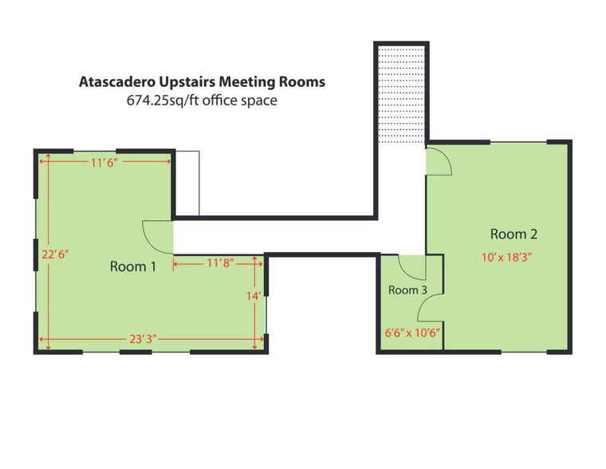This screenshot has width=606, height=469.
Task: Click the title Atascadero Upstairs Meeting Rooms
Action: pos(202,82)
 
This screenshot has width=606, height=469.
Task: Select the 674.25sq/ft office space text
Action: pos(202,101)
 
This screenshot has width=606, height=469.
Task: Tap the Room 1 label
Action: pos(132,266)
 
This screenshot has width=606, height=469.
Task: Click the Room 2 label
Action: pos(514,234)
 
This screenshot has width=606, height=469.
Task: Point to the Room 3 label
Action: pos(407,290)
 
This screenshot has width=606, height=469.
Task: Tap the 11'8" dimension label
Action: pos(218,263)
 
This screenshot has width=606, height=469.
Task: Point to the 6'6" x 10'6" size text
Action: pos(412,332)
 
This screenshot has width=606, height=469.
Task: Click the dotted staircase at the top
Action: pos(400,93)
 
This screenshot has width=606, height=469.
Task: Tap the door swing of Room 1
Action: pos(158,235)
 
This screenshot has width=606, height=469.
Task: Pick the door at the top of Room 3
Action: pos(412,266)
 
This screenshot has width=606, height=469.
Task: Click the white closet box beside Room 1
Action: pos(187,183)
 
